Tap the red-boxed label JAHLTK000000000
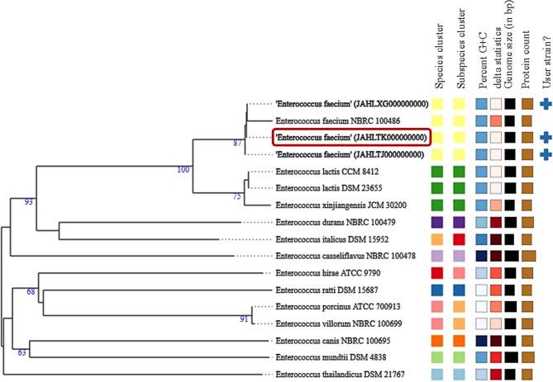pyautogui.click(x=352, y=136)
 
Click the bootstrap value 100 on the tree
pyautogui.click(x=183, y=147)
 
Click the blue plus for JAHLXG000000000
pyautogui.click(x=545, y=103)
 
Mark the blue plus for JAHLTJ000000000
pyautogui.click(x=545, y=153)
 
